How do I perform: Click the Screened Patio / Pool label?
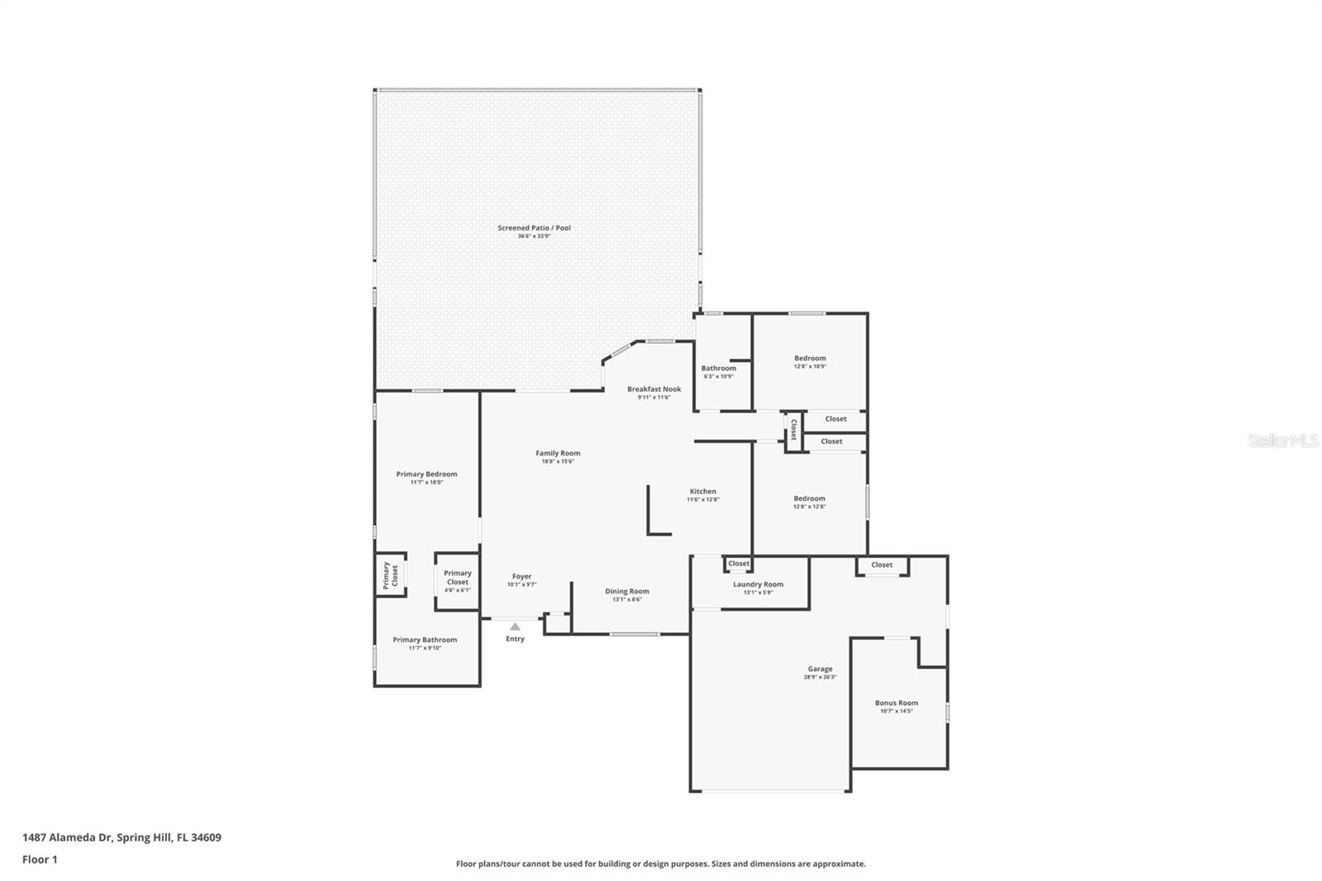coord(534,228)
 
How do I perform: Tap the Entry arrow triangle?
coord(515,626)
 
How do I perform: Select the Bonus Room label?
coord(896,703)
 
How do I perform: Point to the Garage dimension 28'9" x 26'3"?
coord(820,678)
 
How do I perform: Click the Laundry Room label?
coord(758,584)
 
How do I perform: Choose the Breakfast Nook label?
coord(654,389)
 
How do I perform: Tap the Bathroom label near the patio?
coord(718,369)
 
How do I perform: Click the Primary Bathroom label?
coord(425,640)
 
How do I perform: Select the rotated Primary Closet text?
coord(390,574)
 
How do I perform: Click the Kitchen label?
coord(702,492)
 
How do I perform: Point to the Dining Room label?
coord(626,592)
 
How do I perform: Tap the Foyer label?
coord(521,577)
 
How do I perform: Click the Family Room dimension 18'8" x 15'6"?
coord(558,462)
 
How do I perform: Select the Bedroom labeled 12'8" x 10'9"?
coord(810,359)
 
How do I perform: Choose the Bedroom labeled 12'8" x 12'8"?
coord(809,498)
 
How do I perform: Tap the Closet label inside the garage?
coord(882,565)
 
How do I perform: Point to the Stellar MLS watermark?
coord(1282,441)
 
